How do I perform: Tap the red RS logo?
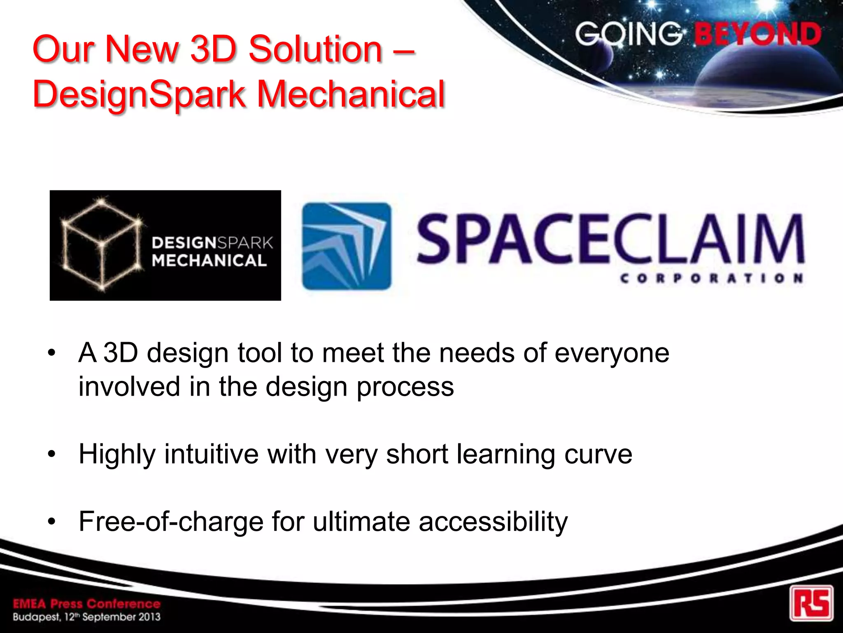[x=811, y=603]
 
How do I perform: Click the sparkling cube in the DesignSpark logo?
[x=102, y=244]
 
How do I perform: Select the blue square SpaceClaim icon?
[x=347, y=246]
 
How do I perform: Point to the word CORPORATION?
[x=712, y=279]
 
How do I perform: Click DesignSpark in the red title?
[x=139, y=95]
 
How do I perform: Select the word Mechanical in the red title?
[x=352, y=95]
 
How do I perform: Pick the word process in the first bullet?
[x=405, y=387]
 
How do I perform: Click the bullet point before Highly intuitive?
[x=51, y=454]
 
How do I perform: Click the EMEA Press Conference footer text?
[x=86, y=604]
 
